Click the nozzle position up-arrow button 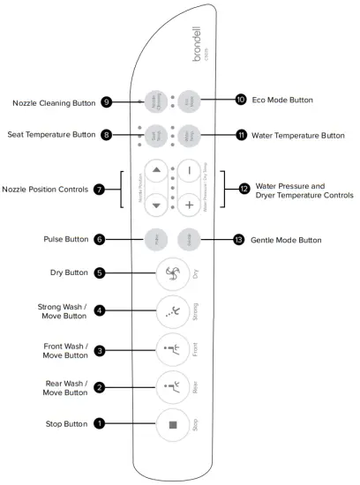(155, 170)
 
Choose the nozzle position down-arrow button (155, 205)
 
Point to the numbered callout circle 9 (107, 102)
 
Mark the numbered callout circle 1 (101, 423)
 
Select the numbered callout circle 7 (99, 188)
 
